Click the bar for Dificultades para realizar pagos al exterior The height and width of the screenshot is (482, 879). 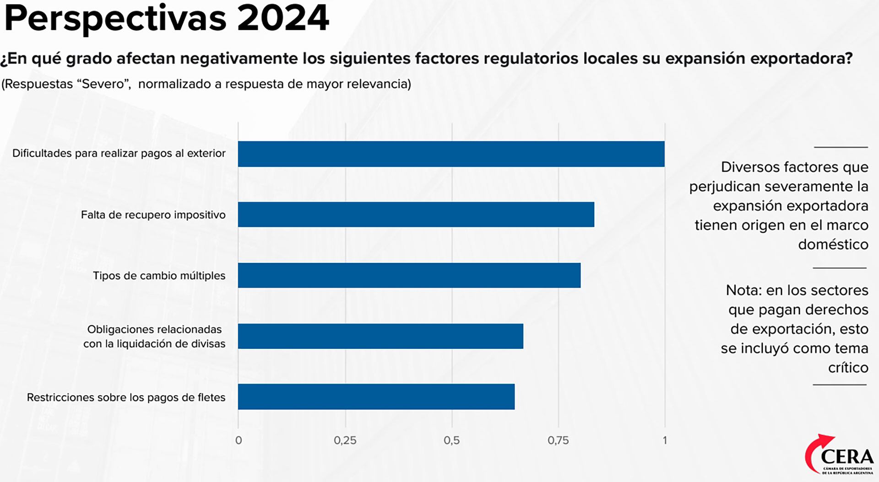point(451,154)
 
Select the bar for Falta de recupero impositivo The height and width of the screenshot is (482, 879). point(416,214)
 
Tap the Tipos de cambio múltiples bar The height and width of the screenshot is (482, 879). point(409,275)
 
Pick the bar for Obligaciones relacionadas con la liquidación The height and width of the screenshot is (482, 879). point(380,336)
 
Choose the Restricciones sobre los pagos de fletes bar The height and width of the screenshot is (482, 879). point(376,396)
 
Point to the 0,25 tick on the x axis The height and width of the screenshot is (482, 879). point(345,440)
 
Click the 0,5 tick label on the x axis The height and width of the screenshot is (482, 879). point(451,440)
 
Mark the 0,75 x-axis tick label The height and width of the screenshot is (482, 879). point(558,440)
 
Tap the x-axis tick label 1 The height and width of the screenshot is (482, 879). point(665,440)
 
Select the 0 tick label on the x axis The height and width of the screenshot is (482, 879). point(239,440)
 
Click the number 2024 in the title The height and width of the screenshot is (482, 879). point(283,18)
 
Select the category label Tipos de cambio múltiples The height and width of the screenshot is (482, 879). point(159,276)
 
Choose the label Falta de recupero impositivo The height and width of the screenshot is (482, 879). point(153,215)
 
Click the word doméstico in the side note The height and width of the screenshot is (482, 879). point(833,245)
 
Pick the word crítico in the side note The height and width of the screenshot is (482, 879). point(848,368)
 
